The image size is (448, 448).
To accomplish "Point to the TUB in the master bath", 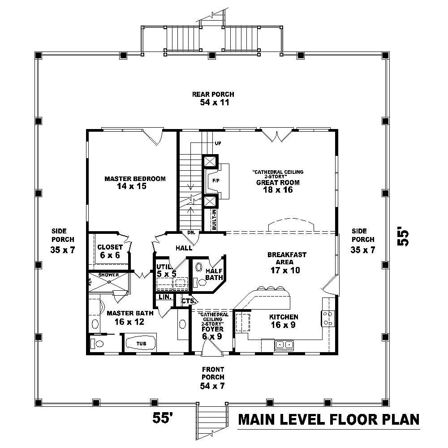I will tap(141, 344).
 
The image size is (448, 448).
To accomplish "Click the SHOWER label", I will tap(108, 275).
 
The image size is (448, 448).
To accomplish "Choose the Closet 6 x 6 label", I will tap(110, 250).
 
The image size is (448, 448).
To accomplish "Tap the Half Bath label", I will tap(214, 274).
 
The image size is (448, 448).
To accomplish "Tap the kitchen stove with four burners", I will tap(327, 318).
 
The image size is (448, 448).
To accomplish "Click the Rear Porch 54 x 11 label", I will tap(213, 98).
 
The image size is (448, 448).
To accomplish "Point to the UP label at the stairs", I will tap(218, 143).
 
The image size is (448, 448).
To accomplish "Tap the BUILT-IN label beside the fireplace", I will tap(214, 220).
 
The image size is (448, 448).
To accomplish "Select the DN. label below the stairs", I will tap(191, 232).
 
